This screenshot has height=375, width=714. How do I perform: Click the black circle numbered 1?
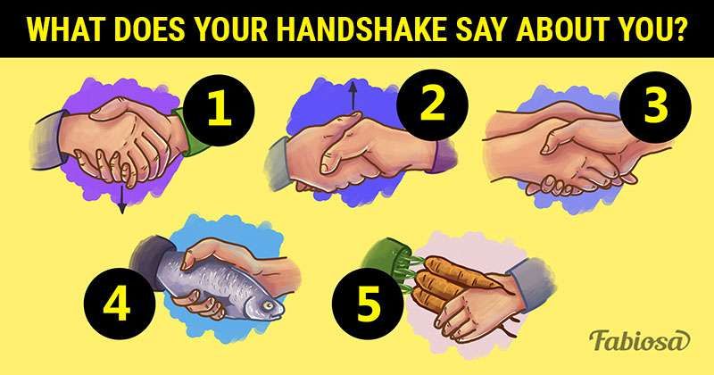coord(219,110)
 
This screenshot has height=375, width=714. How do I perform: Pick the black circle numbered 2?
coord(432,105)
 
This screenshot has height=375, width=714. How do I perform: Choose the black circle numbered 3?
coord(655,107)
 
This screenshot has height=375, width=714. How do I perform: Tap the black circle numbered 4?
coord(120,304)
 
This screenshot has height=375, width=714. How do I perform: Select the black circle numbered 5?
coord(368,304)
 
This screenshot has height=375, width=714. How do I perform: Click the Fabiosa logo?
coord(639,341)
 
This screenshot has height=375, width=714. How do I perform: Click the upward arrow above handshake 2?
coord(353,96)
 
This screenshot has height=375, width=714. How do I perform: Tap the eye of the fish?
coord(269,305)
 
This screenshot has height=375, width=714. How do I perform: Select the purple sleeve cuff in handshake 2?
coord(442,156)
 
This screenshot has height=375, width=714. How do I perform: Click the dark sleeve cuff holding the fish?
coord(153,262)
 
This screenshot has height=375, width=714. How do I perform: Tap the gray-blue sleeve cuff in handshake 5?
coord(533,283)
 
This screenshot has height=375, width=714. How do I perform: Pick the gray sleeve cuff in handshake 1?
coord(47,140)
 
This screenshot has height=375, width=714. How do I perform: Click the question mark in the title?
coord(679,30)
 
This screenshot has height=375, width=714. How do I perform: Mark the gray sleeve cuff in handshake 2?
coord(278,163)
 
